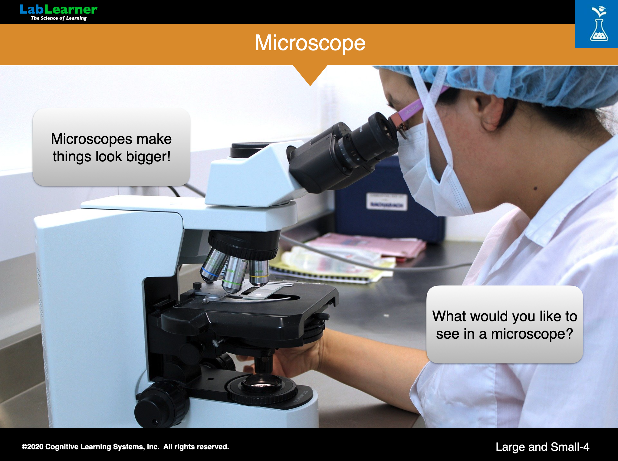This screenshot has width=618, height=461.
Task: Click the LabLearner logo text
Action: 58,9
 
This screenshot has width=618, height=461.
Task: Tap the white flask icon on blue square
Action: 599,24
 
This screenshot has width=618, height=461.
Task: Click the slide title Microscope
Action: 310,43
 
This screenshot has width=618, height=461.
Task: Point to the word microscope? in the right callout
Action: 532,334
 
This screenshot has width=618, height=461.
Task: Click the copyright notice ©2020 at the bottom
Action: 125,447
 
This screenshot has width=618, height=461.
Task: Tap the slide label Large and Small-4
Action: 542,447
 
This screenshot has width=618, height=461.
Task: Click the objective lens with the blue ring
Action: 213,265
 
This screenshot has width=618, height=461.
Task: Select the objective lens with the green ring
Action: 234,274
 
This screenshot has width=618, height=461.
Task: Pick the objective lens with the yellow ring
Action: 259,273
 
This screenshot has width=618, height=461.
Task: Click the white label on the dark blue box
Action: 386,201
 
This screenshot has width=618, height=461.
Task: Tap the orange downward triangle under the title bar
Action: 310,74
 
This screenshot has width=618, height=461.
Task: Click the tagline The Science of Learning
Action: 59,18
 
